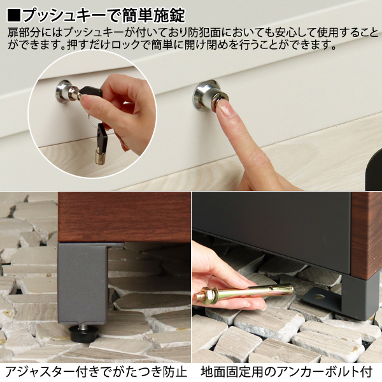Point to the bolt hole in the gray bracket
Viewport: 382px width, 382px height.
317,296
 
